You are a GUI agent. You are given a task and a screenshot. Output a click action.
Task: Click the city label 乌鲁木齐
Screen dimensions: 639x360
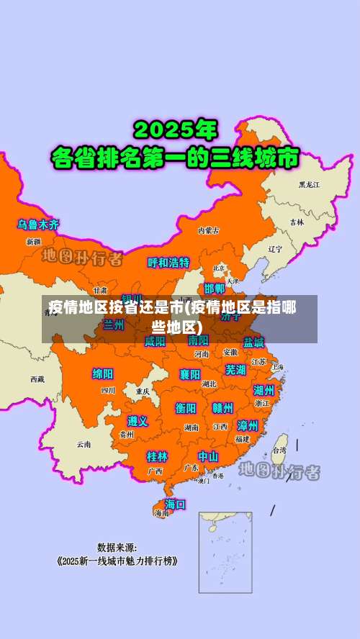tap(39, 225)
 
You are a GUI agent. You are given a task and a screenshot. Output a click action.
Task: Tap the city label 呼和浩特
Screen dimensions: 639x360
tap(168, 263)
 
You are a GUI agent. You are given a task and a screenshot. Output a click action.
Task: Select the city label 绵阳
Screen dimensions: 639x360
tap(103, 374)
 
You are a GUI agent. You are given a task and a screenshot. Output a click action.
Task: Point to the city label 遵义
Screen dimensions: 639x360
tap(138, 421)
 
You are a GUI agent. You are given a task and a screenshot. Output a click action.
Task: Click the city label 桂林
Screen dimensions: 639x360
tap(157, 456)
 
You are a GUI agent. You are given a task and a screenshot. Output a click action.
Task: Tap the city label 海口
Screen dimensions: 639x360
tap(175, 504)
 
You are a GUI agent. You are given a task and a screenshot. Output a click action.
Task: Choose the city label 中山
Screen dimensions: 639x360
tap(208, 456)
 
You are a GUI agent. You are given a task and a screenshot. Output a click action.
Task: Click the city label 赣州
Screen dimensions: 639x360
tap(222, 408)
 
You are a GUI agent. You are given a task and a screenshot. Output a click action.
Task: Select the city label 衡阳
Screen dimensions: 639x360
tap(186, 408)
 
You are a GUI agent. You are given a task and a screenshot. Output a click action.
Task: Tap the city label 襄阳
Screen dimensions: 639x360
tap(190, 374)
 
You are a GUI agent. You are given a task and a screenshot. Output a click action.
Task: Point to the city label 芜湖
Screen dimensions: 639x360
tap(235, 370)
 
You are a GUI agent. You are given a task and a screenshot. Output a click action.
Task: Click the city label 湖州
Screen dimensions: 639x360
tap(264, 390)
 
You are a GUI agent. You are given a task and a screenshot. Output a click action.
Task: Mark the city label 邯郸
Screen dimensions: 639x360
tap(215, 289)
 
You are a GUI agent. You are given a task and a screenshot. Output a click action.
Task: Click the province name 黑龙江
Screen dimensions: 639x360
tap(309, 185)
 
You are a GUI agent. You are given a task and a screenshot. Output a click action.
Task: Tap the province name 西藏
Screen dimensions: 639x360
tap(37, 379)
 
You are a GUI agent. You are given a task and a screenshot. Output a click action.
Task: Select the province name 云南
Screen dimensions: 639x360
tap(84, 444)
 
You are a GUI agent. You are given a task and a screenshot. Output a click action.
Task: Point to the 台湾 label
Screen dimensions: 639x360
tap(278, 450)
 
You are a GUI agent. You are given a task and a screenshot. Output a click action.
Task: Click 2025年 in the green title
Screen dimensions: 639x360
tap(175, 130)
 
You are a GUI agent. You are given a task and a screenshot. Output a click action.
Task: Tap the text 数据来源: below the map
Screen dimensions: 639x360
tap(117, 547)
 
